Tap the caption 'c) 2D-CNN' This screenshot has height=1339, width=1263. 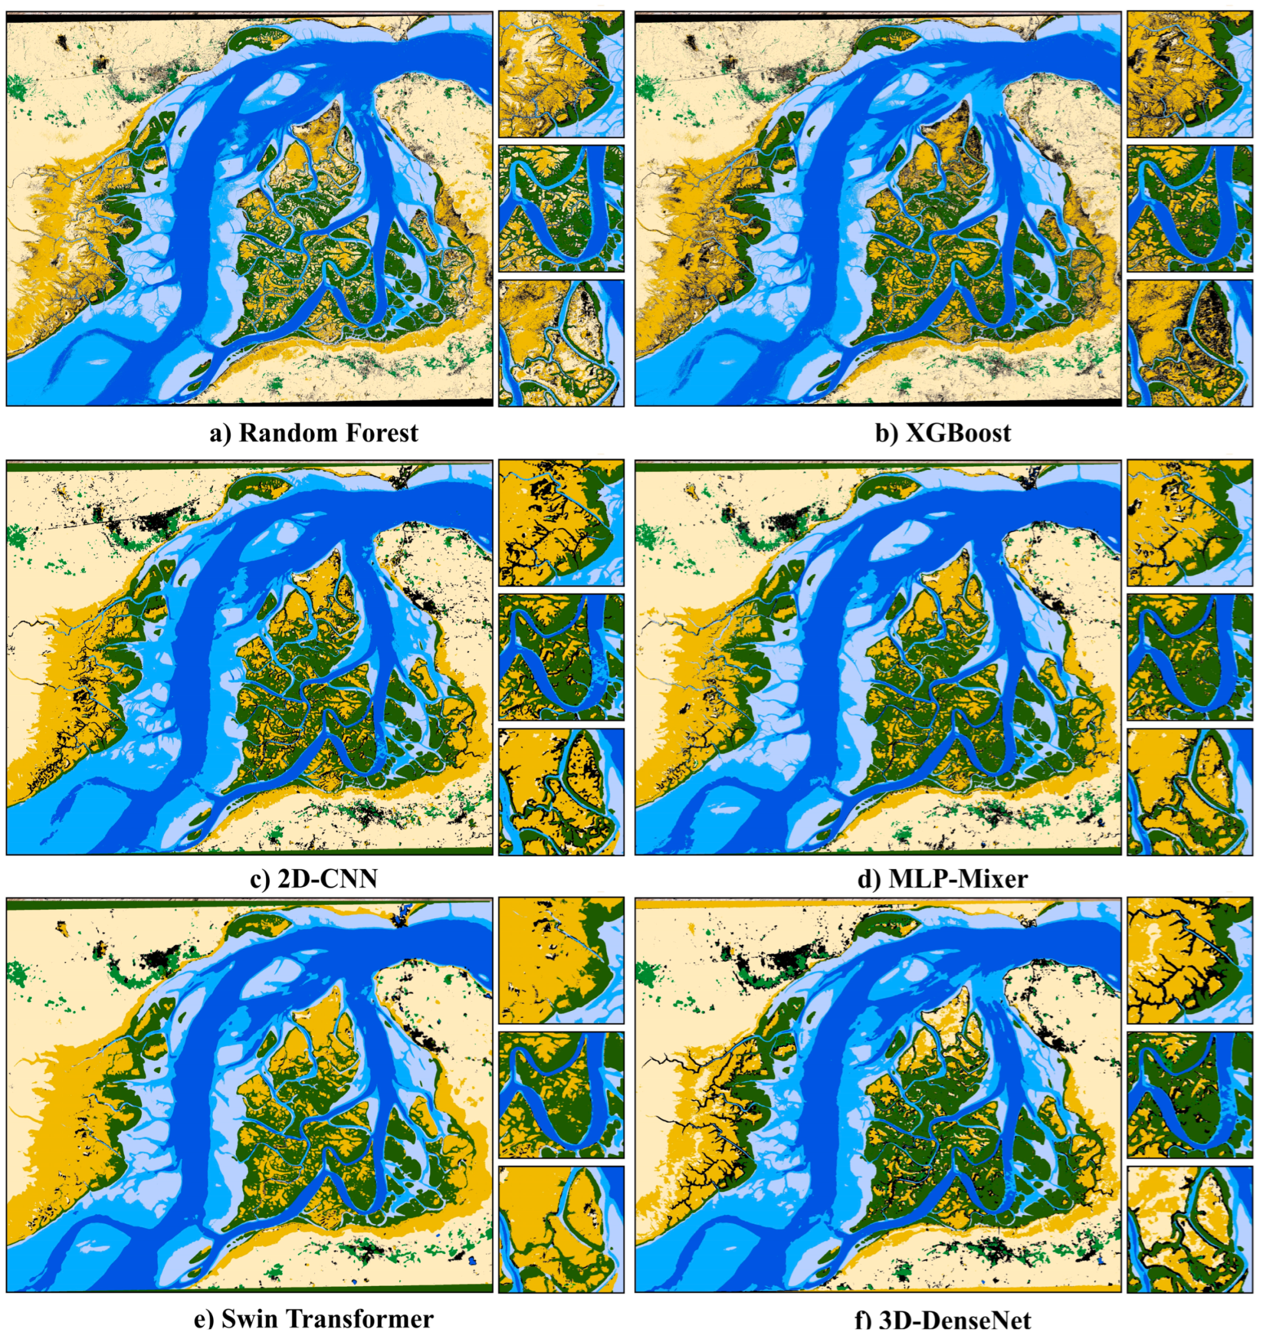[x=314, y=879]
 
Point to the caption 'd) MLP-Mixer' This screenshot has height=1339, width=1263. [x=943, y=879]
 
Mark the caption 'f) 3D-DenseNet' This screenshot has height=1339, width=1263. [x=943, y=1325]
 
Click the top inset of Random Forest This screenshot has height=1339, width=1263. [x=561, y=74]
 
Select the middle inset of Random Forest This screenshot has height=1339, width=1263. [x=561, y=209]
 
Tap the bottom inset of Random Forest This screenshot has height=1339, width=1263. [x=561, y=343]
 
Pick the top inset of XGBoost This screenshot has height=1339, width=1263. [x=1189, y=74]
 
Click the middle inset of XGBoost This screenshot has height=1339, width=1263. [x=1189, y=209]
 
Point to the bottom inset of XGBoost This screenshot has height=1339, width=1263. [x=1189, y=343]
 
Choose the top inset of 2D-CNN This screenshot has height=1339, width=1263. [x=561, y=523]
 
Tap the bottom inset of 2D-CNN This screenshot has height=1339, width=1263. [x=561, y=791]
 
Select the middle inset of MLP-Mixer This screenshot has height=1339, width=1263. [x=1189, y=657]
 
